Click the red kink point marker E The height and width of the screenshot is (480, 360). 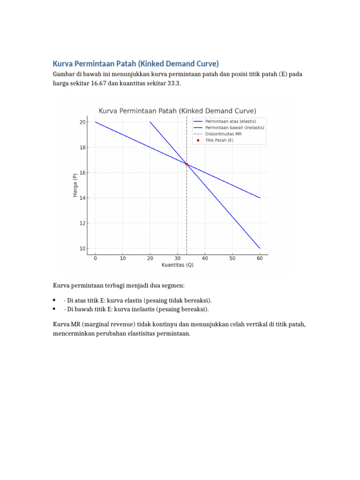click(187, 164)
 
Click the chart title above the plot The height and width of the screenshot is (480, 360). click(177, 111)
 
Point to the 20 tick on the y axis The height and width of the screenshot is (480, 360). click(82, 122)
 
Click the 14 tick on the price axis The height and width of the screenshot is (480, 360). click(82, 198)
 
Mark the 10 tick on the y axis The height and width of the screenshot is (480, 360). click(82, 248)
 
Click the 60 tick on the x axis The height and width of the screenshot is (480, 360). click(260, 258)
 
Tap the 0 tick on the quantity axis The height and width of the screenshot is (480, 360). click(95, 258)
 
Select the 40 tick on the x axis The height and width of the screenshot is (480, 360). click(205, 258)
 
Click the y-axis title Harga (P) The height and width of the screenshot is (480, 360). click(75, 185)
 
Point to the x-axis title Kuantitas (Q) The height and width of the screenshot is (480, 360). click(177, 265)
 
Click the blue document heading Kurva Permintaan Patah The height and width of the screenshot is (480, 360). click(136, 63)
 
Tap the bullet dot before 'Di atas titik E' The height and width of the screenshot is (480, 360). click(54, 300)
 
